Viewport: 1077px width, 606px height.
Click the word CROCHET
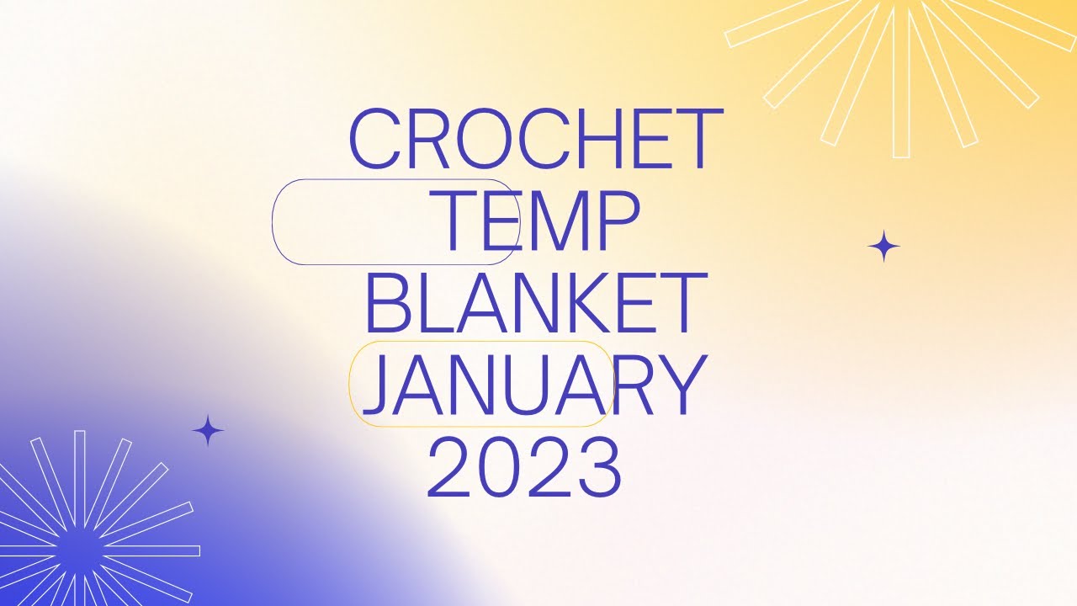coord(535,139)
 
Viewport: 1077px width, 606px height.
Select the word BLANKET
coord(535,301)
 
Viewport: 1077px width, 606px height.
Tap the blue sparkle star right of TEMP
coord(883,247)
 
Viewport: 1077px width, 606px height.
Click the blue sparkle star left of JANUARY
coord(208,431)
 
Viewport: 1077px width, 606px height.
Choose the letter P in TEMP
coord(618,221)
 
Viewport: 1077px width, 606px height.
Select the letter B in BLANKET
coord(388,301)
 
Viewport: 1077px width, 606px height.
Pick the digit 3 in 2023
coord(598,467)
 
